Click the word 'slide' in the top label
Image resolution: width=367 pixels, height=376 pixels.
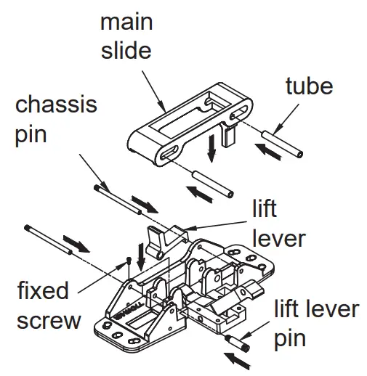(x=126, y=51)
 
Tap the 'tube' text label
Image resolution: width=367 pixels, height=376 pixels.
(x=308, y=86)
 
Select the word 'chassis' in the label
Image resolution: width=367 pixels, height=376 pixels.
(x=56, y=105)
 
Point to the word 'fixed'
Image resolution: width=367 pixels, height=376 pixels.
(x=43, y=292)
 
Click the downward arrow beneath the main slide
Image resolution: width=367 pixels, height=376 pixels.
(x=210, y=150)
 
